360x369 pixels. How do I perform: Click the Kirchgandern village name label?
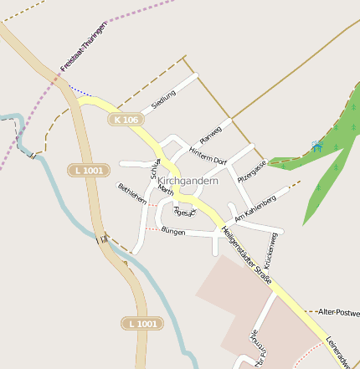click(188, 181)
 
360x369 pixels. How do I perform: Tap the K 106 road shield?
click(124, 120)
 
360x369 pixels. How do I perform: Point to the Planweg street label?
click(211, 133)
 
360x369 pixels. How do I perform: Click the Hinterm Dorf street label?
click(208, 155)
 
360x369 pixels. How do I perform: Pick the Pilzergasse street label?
click(252, 172)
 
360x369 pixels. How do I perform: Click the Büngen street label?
click(173, 230)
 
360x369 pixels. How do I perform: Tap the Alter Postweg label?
click(339, 312)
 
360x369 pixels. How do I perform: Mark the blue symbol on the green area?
click(317, 146)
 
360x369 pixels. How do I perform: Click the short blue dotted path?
click(81, 90)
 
